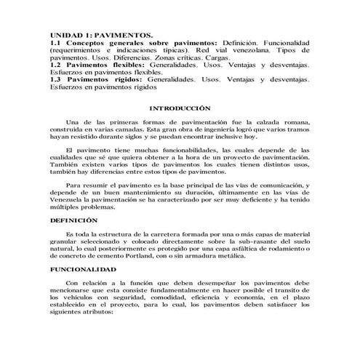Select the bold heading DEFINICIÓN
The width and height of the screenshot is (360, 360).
[x=73, y=220]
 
